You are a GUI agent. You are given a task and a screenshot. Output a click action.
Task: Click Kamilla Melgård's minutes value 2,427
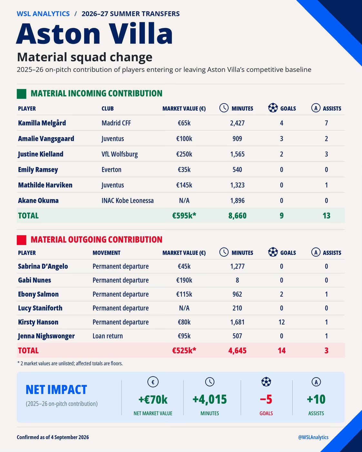(237, 123)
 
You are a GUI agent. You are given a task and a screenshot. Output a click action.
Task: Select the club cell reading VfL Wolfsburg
(120, 154)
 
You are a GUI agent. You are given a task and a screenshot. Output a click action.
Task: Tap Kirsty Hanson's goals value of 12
(281, 322)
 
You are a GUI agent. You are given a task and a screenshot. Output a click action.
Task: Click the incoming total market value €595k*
(184, 215)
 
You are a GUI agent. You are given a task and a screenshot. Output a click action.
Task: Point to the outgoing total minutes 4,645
(237, 350)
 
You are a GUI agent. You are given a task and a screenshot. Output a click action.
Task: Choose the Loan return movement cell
(108, 336)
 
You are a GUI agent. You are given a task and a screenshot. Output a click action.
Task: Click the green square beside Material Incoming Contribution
(21, 94)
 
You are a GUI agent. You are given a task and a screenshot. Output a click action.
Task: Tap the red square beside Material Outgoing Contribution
(21, 240)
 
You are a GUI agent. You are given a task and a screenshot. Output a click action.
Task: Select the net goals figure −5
(266, 399)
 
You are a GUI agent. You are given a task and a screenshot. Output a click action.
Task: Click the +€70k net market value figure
(153, 399)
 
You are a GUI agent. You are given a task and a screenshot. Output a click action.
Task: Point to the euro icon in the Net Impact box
(153, 382)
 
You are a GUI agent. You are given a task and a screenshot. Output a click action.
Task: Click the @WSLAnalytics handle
(313, 437)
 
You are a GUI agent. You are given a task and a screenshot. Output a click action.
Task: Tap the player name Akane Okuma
(38, 201)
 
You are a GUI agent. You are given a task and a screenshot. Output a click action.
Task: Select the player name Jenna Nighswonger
(46, 336)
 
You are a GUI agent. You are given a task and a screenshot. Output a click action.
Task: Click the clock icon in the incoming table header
(224, 108)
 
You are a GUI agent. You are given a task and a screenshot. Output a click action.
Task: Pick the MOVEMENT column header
(106, 253)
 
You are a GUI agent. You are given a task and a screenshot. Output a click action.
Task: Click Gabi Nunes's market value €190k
(184, 280)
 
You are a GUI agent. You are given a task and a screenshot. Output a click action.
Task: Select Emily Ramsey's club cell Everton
(111, 170)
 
